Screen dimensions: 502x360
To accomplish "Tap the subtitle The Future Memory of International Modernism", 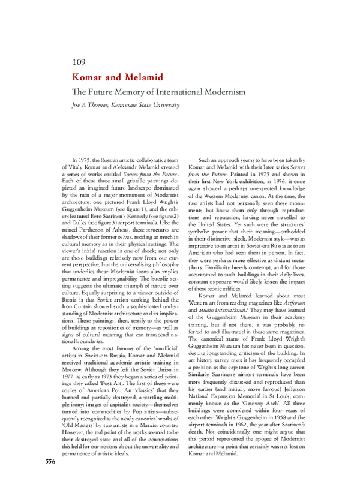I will (158, 92).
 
